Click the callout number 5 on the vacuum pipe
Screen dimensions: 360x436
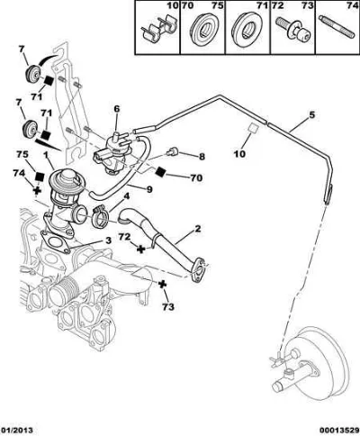tap(311, 115)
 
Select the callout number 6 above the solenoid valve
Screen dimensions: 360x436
tap(116, 109)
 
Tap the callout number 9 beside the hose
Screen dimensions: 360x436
tap(149, 189)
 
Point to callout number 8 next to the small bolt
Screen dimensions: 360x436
tap(202, 157)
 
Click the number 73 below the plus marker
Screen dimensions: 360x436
tap(168, 307)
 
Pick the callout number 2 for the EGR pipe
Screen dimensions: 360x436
tap(197, 229)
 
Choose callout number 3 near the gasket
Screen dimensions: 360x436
tap(108, 241)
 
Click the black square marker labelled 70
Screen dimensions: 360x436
tap(161, 171)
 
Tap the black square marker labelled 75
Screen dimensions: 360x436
tap(40, 177)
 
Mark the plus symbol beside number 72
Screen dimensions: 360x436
tap(140, 249)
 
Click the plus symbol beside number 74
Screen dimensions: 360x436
tap(37, 190)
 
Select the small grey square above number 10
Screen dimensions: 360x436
tap(254, 128)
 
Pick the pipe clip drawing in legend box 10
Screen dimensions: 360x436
tap(157, 30)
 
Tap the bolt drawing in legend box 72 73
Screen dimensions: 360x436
tap(293, 31)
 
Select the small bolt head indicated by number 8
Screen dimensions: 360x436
tap(173, 152)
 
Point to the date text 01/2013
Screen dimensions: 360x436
tap(16, 431)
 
